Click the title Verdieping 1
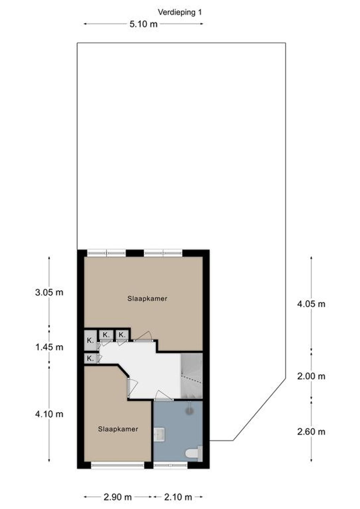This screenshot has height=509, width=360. coord(180,12)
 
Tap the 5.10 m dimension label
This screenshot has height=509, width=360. coord(144,24)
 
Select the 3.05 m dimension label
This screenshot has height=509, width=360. coord(49,292)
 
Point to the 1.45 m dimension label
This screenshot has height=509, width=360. coord(49,347)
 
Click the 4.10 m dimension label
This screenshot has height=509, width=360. coord(49,414)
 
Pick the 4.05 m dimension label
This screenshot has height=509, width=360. coord(311,304)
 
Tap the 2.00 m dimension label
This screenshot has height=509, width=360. coord(311,376)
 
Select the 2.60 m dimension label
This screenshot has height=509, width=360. coord(311,432)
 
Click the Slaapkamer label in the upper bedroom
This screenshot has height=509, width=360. coord(147,299)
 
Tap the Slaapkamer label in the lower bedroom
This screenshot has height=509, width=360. coord(118,429)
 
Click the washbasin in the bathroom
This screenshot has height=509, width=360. coord(159,435)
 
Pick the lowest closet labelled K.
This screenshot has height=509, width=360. coord(90,358)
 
